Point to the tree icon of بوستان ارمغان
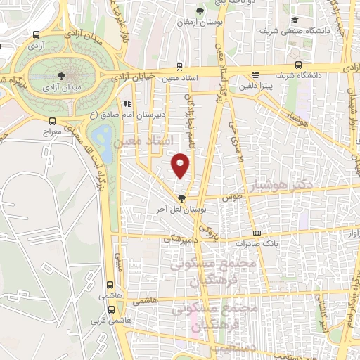pos(200,11)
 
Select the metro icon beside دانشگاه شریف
pos(257,75)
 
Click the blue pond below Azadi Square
pos(103,136)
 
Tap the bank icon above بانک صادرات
pos(257,233)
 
